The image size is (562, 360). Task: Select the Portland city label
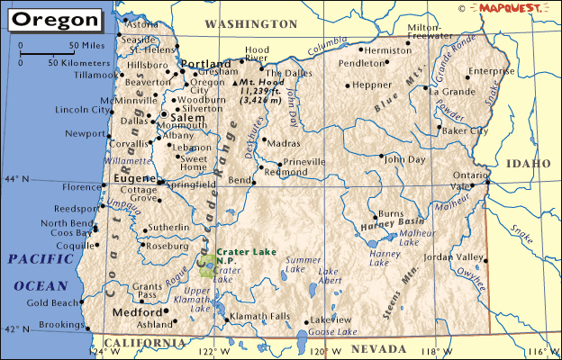point(207,65)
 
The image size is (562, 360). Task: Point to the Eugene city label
point(135,179)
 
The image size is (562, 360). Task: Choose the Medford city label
point(137,312)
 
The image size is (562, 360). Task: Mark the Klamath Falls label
point(260,316)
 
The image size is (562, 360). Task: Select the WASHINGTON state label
point(250,22)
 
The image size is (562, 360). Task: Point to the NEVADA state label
point(379,347)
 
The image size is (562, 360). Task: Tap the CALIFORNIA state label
point(144,343)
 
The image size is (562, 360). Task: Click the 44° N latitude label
point(17,179)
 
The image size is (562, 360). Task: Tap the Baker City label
point(464,130)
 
